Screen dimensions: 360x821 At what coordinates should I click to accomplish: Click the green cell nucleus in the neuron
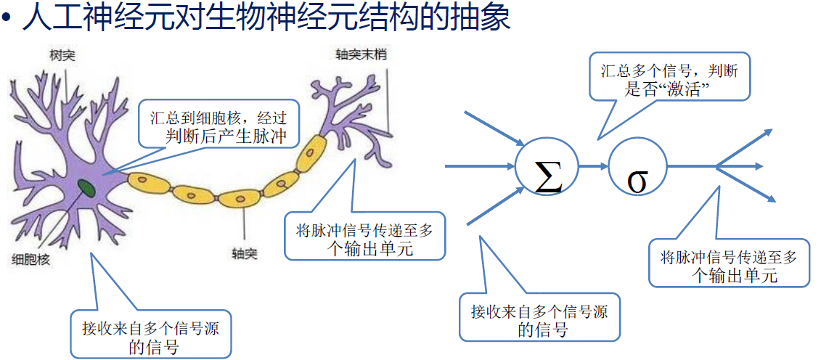(x=87, y=188)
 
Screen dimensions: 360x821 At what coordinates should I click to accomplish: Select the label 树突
(x=62, y=56)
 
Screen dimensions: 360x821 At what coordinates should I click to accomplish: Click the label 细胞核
(x=31, y=259)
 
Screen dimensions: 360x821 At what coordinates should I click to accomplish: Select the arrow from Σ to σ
(x=593, y=167)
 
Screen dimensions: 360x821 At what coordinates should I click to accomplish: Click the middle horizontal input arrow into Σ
(x=479, y=167)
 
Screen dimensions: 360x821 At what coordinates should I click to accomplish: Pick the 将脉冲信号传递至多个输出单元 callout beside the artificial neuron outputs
(x=729, y=263)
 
